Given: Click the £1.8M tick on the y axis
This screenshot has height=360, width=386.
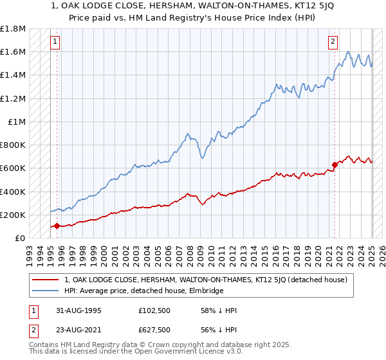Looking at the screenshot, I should tap(14, 29).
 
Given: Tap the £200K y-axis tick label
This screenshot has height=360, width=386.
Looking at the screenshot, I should tap(14, 215).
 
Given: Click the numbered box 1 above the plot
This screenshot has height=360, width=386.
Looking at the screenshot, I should tap(56, 43).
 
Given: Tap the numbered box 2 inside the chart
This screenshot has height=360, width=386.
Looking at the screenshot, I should tap(333, 43).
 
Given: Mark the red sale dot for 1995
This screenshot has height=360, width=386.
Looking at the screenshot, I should tap(57, 226).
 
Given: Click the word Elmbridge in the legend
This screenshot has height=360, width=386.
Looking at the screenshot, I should tap(205, 291).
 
